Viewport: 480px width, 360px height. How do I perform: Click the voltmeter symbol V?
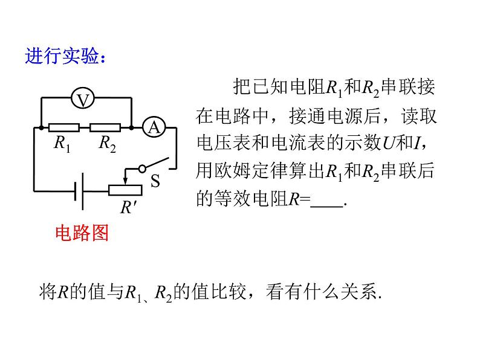[83, 99]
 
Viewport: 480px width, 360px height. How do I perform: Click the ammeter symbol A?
[154, 127]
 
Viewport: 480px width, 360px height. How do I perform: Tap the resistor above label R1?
[63, 127]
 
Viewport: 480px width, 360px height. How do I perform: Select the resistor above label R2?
[104, 127]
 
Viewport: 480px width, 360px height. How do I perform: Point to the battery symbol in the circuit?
[77, 190]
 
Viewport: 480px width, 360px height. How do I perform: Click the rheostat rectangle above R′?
[126, 190]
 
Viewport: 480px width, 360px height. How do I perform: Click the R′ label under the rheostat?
[128, 208]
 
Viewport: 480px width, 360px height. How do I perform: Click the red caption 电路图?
[82, 233]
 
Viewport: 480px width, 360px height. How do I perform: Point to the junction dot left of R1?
[41, 127]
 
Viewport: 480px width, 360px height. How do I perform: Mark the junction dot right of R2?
[131, 127]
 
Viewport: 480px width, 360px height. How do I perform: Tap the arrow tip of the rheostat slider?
[126, 182]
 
